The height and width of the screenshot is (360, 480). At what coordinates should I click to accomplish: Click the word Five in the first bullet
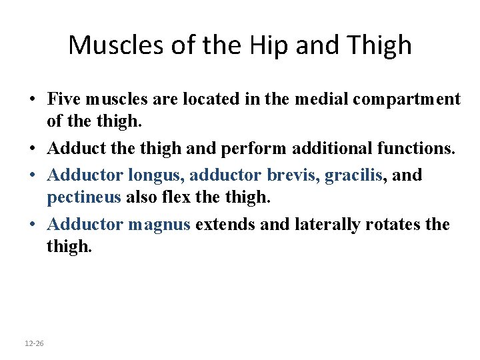[x=63, y=99]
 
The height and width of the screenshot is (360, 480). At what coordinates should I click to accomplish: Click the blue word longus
[x=153, y=175]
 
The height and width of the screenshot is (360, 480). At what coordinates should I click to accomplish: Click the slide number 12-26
[x=34, y=343]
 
